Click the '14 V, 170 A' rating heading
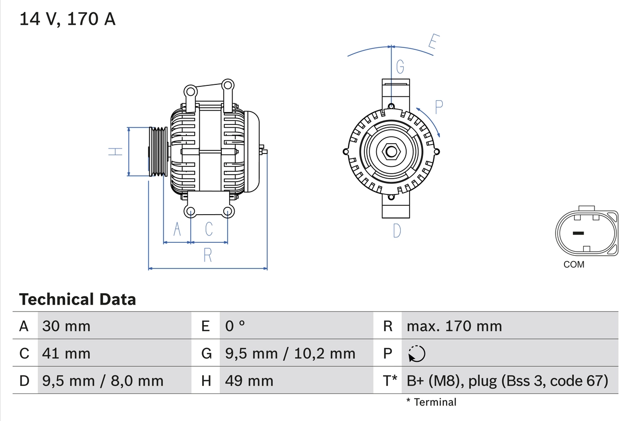point(68,19)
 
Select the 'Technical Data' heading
point(77,299)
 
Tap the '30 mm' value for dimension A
point(67,326)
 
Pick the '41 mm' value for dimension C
point(67,353)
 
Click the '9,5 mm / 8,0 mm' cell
point(103,381)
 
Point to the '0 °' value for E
point(235,326)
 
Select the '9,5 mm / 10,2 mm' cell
point(290,353)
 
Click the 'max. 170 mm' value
point(454,326)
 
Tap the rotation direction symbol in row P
point(417,354)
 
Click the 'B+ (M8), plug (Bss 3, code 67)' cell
point(507,381)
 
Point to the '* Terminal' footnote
point(431,402)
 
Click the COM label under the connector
point(574,265)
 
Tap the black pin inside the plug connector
point(578,233)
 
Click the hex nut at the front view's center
point(391,152)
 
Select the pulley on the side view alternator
point(158,152)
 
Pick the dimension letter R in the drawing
point(208,255)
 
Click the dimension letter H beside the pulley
point(115,152)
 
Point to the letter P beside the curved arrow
point(439,106)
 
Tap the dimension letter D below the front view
point(397,230)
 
